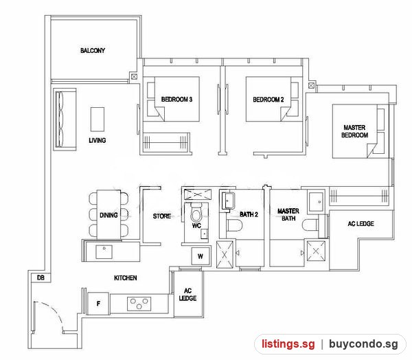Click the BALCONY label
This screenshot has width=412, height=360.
point(93,50)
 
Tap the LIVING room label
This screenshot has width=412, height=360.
point(98,140)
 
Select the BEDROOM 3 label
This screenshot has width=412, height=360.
point(176,100)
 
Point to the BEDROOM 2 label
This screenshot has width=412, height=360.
point(268,100)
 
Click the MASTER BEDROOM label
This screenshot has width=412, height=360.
point(354,131)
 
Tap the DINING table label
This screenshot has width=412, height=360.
point(108,215)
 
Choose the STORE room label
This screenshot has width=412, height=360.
point(162,216)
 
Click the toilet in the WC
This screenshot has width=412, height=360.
point(196,213)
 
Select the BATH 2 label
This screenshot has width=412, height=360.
point(249,214)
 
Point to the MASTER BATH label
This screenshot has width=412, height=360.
point(288,214)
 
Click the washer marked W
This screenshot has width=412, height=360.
point(201,256)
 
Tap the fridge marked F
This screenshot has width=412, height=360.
point(98,304)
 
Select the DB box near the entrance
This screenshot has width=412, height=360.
point(41,278)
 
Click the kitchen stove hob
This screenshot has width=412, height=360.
point(139,304)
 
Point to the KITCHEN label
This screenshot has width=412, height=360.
point(126,278)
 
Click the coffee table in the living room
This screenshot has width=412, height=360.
point(98,119)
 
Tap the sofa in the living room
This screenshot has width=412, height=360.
point(65,120)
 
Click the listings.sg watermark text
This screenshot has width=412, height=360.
point(288,344)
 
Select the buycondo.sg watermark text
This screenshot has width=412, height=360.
point(363,344)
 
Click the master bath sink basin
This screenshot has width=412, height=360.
point(316,202)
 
